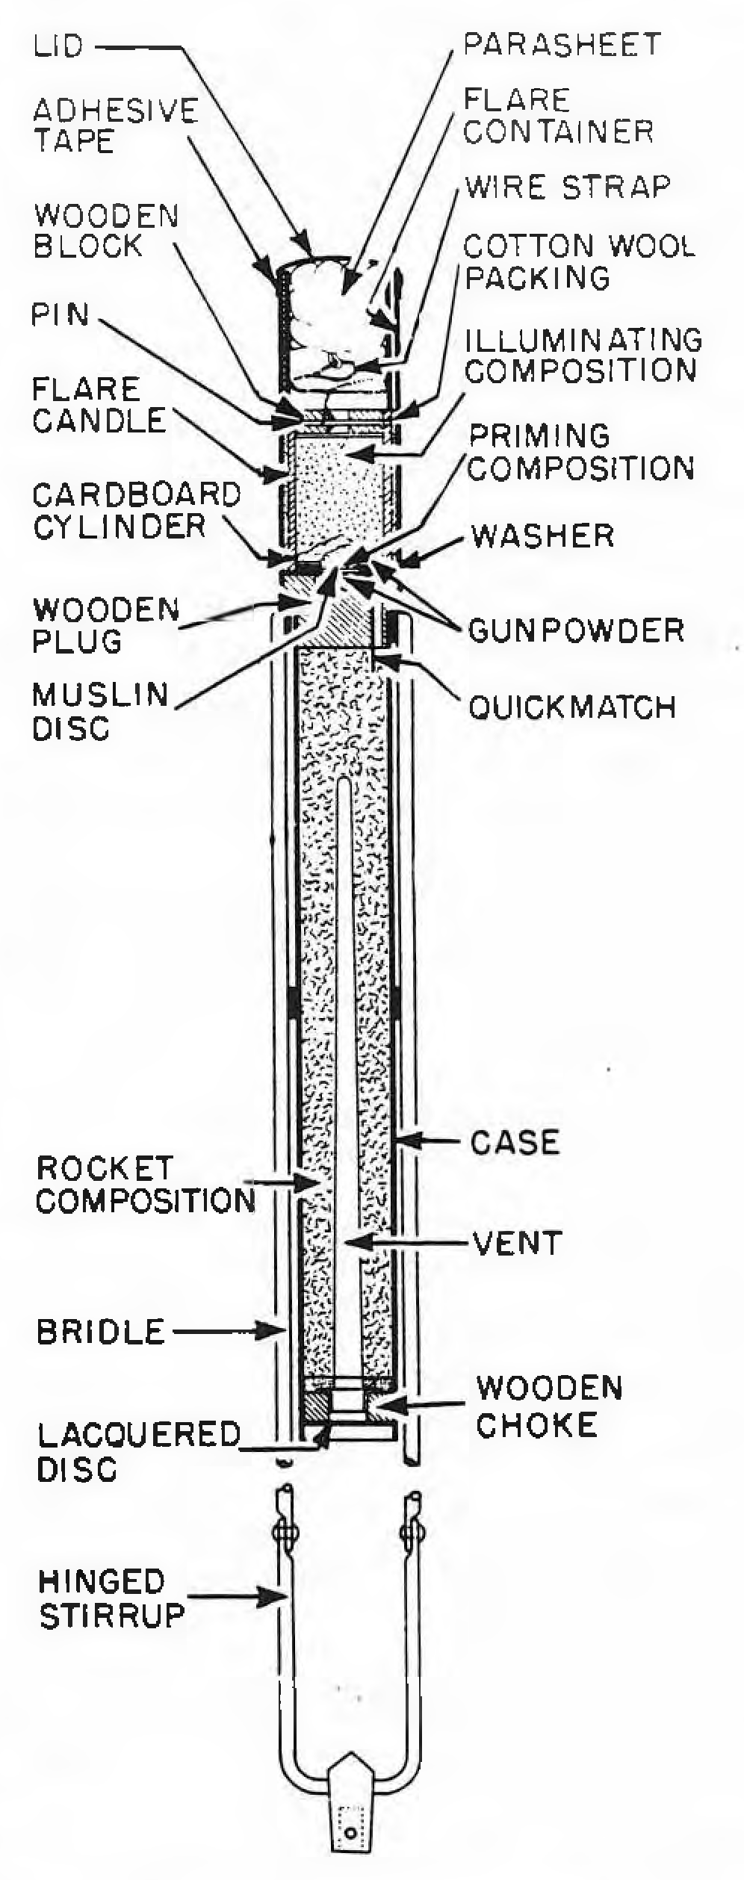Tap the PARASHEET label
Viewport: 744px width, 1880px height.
point(562,44)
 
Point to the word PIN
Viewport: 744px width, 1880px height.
point(60,315)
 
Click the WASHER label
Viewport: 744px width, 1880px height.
point(543,536)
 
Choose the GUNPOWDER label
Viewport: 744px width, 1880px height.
point(576,630)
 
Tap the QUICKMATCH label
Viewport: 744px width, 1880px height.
point(572,707)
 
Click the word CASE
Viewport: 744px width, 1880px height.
point(515,1142)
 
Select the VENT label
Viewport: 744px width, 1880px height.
point(517,1243)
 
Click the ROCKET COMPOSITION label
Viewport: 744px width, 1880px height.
point(146,1185)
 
